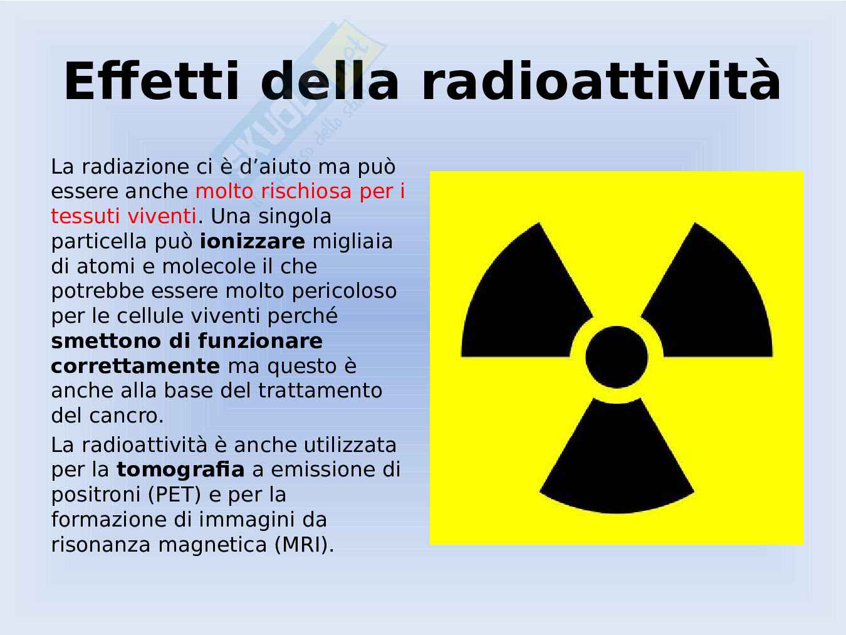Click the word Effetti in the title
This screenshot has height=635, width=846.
(152, 81)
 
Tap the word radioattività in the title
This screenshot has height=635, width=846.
(601, 81)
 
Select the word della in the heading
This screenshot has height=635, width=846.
(330, 81)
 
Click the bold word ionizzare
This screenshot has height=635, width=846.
(253, 242)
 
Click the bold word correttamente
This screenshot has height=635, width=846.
(135, 366)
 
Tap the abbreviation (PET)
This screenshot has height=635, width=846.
(175, 495)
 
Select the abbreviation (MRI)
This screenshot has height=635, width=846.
(304, 545)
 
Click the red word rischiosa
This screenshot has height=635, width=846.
(306, 191)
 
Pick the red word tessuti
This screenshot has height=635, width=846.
(86, 216)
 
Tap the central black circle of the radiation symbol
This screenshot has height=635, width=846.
(617, 357)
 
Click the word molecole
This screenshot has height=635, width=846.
(209, 267)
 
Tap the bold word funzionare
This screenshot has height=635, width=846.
(260, 341)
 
